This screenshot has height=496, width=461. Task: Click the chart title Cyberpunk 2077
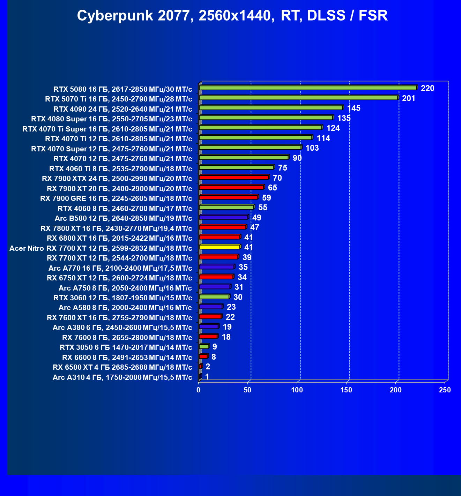coord(232,16)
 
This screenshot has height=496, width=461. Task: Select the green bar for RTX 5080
coord(308,88)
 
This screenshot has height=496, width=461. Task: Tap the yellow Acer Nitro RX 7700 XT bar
coord(220,247)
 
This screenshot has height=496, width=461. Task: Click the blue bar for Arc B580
coord(223,217)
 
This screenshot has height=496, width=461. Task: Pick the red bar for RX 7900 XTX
coord(234,178)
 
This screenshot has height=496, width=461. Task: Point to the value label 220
coord(427,88)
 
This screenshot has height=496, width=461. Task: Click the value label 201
coord(409,98)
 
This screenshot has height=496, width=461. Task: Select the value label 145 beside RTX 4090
coord(354,108)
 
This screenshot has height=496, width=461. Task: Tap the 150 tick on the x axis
coord(347,390)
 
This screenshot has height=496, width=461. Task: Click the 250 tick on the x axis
coord(445,390)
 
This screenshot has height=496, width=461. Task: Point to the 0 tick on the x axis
coord(199,390)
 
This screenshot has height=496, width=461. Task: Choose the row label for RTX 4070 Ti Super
coord(107,129)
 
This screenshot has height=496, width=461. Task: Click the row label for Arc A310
coord(122,377)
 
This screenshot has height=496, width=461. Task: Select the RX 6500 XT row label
coord(122,367)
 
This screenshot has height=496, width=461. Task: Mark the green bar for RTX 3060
coord(214,297)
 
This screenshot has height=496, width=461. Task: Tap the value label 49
coord(257,218)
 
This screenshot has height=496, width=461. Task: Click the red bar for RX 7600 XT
coord(210,317)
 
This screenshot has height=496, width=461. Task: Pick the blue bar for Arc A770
coord(216,267)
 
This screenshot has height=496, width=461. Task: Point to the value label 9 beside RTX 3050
coord(215,347)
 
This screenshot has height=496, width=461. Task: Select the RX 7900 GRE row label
coord(116,198)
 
